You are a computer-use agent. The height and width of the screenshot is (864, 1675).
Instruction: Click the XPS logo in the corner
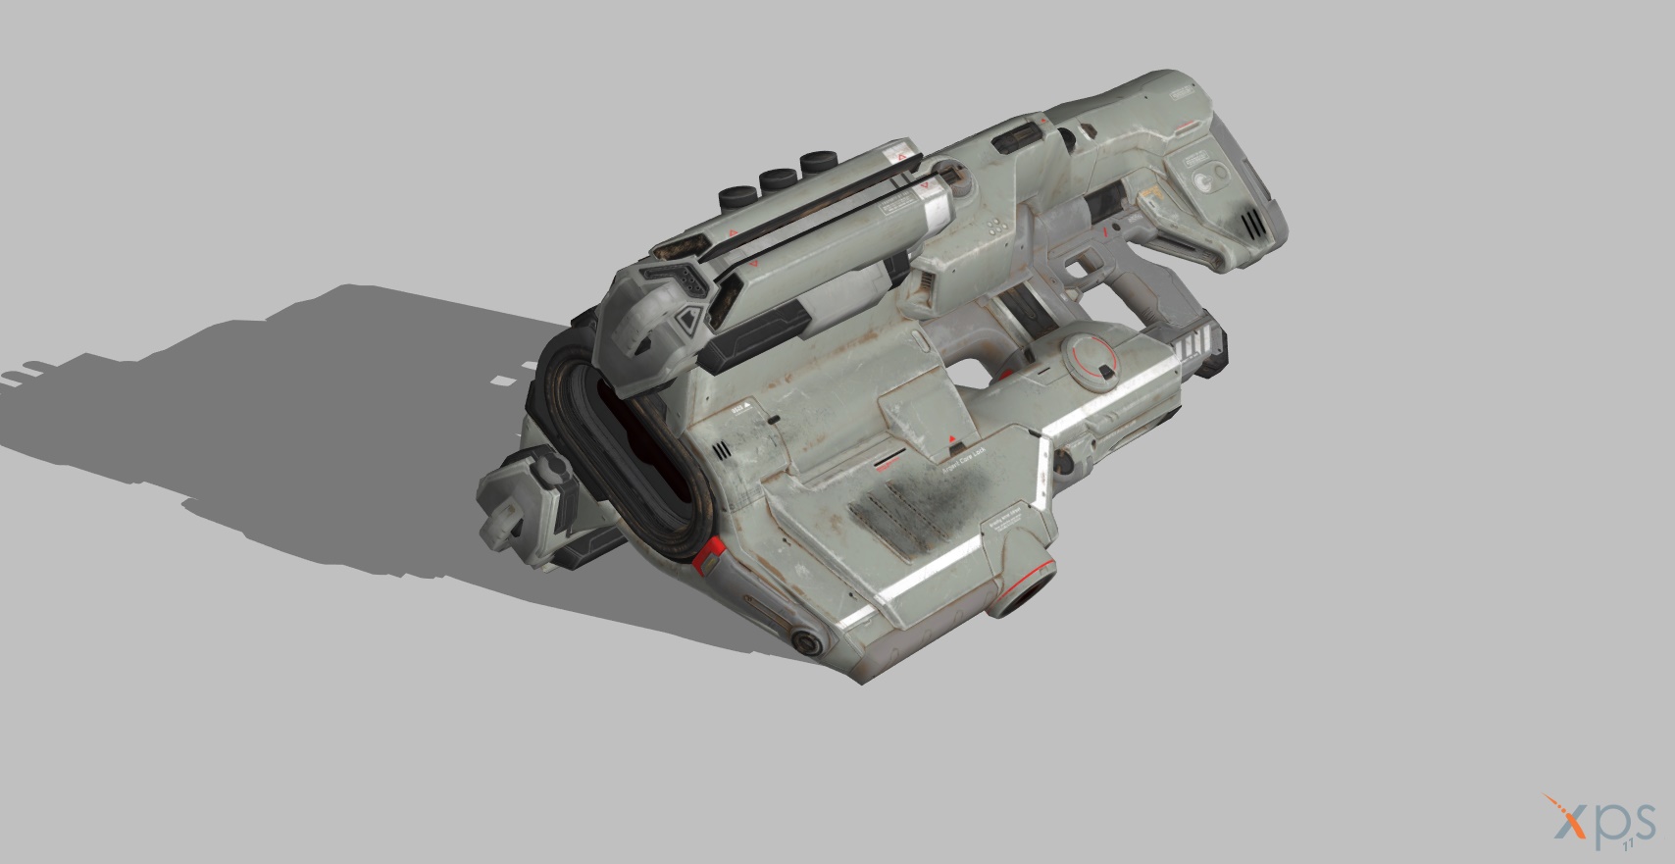pos(1599,822)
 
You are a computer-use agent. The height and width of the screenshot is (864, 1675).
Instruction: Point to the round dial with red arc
pos(1090,358)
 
